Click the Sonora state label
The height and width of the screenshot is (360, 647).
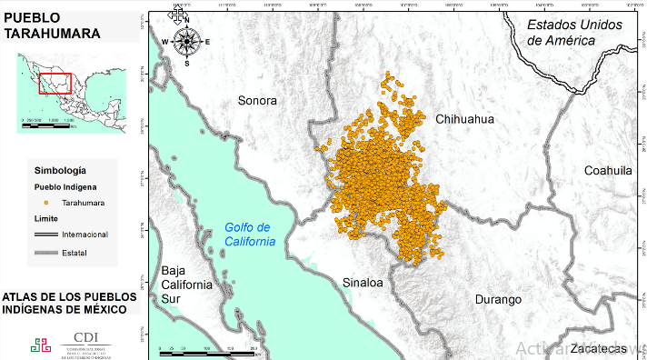(x=257, y=101)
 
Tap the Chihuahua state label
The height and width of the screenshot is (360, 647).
(x=464, y=119)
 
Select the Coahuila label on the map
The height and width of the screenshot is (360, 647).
(x=607, y=170)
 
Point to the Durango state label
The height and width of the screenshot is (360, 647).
(x=498, y=299)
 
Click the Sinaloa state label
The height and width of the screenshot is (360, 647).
(x=363, y=284)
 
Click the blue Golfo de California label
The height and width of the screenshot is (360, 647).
(x=249, y=235)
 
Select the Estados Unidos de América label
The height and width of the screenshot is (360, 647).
(x=574, y=33)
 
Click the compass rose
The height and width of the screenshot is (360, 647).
(x=186, y=42)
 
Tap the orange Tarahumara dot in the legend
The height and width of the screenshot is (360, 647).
(x=45, y=203)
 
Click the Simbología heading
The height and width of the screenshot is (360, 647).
(x=60, y=170)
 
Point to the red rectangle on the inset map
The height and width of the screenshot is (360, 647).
(x=55, y=83)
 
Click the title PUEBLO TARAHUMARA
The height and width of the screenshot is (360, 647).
(x=52, y=26)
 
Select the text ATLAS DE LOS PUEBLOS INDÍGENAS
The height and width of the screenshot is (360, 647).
(x=69, y=303)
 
